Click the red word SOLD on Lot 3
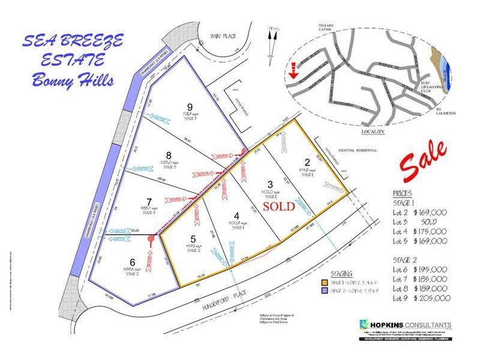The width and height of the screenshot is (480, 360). click(277, 206)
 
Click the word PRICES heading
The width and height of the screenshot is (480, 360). click(401, 195)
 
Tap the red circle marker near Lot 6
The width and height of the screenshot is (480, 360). click(151, 238)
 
